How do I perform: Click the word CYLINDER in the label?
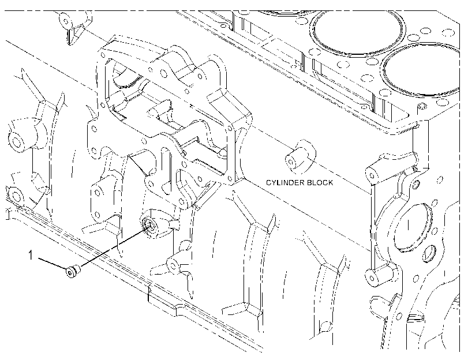pos(284,182)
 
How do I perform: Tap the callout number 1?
pos(31,255)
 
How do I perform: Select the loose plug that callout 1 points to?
pos(73,271)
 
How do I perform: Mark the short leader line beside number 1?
pos(51,263)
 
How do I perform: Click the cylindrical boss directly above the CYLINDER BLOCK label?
pos(298,157)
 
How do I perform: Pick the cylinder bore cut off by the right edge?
pos(421,70)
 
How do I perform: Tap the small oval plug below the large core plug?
pos(429,254)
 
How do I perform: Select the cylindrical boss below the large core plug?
pos(380,274)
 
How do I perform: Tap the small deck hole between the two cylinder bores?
pos(372,62)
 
